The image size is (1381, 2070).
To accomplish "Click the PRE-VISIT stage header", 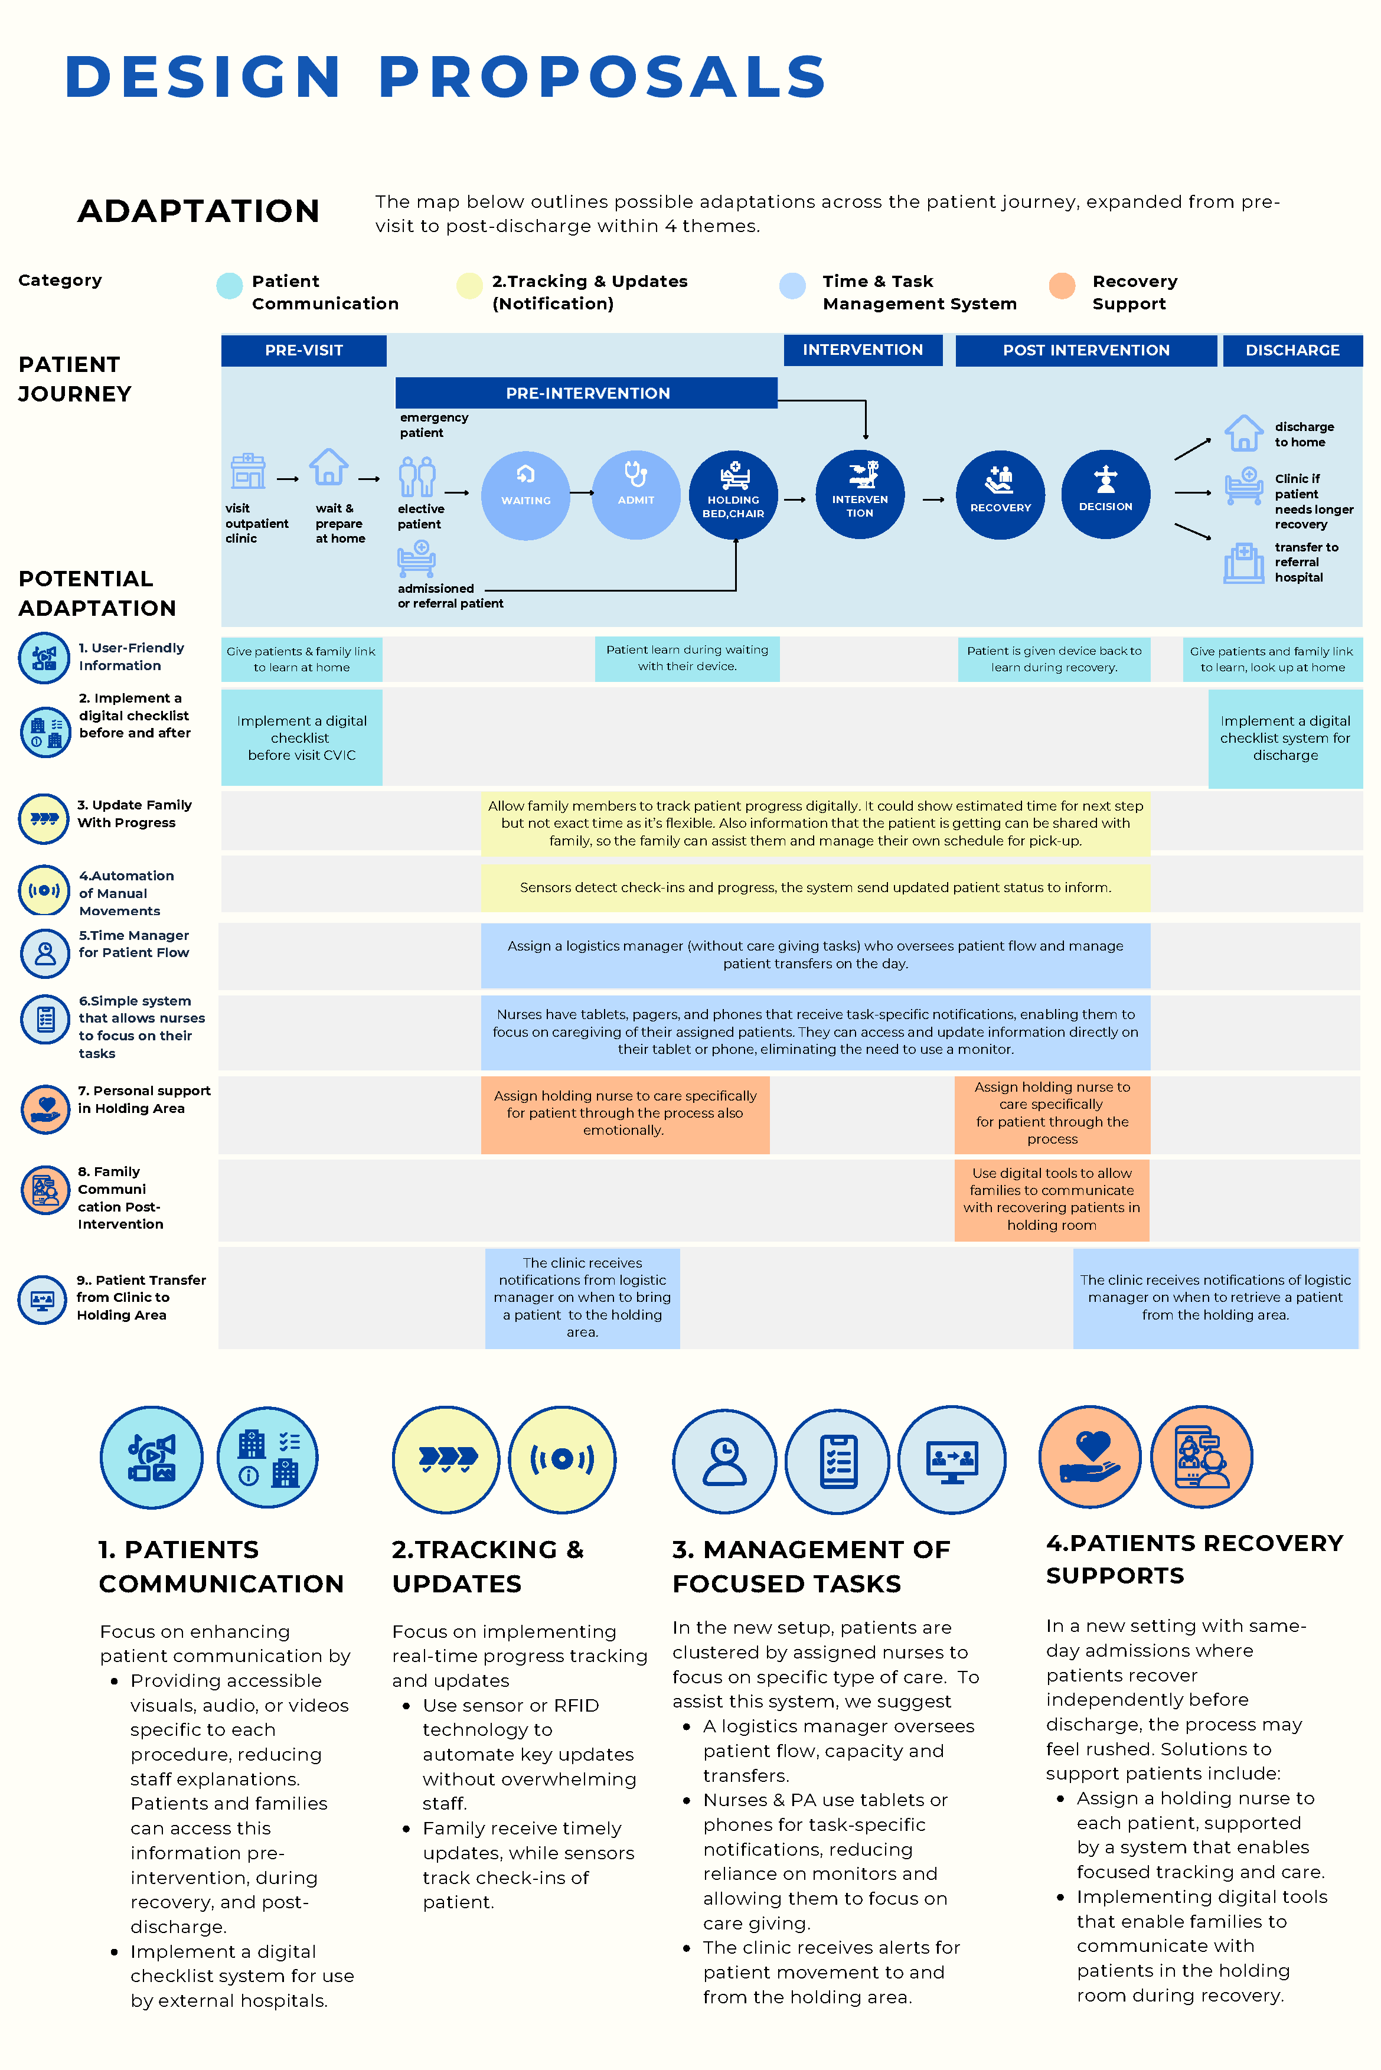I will click(304, 351).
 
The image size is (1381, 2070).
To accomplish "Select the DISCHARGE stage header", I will click(1292, 351).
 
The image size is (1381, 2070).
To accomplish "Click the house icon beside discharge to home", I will click(1243, 433).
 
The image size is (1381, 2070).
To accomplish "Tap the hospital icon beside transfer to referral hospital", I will click(1243, 563).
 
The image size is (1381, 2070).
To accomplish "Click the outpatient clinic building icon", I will click(249, 471).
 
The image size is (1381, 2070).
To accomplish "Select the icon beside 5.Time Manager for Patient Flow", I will click(45, 953).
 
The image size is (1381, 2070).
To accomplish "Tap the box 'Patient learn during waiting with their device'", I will click(687, 658).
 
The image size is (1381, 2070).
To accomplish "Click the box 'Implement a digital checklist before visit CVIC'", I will click(301, 738).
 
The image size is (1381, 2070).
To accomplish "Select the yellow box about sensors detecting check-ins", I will click(815, 887).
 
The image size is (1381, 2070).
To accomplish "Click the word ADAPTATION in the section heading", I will click(198, 211).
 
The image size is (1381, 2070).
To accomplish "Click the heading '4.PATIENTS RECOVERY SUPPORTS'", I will click(1193, 1559).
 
